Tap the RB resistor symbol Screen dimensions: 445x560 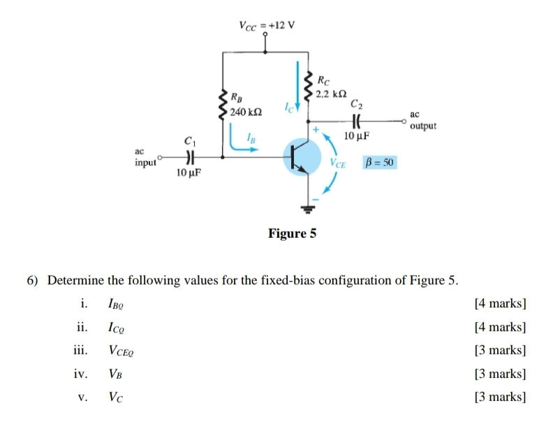(x=223, y=105)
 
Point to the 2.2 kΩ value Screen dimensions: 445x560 (x=332, y=93)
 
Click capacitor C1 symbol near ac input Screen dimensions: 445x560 (x=189, y=157)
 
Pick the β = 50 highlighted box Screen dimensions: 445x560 (x=381, y=162)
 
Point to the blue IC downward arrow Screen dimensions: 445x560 (x=298, y=84)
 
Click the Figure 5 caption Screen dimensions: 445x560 (x=292, y=234)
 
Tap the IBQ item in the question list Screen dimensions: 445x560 (x=116, y=304)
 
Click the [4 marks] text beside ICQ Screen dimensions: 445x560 (x=500, y=327)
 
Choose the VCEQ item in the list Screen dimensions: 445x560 (x=121, y=351)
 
